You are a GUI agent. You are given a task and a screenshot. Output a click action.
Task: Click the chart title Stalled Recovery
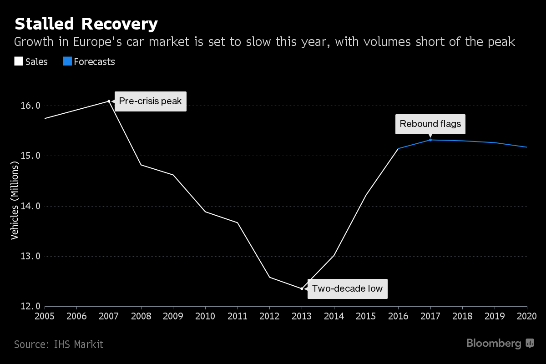86,24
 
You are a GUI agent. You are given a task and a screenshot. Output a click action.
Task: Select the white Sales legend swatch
19,61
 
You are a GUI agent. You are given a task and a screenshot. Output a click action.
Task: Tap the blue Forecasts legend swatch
67,61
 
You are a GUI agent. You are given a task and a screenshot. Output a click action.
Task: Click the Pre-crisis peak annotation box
150,101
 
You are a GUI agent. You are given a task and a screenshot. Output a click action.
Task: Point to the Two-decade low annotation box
347,288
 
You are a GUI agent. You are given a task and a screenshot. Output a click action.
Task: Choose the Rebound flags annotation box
430,124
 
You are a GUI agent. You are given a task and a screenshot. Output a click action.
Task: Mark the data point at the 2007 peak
109,101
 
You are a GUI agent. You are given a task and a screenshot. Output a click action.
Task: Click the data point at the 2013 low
302,288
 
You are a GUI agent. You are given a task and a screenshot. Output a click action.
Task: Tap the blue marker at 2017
430,140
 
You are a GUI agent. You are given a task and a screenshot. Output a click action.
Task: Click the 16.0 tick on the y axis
31,106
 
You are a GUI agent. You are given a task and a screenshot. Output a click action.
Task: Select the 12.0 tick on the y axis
31,307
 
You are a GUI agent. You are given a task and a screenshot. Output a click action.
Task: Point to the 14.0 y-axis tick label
31,206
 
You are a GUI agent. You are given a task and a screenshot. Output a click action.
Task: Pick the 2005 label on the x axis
45,316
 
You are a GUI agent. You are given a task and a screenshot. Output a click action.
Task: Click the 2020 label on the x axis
527,316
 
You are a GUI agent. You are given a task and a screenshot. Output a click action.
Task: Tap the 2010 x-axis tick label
205,316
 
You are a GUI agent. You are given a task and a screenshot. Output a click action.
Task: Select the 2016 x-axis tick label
398,316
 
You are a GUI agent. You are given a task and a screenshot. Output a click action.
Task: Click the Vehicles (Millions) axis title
15,201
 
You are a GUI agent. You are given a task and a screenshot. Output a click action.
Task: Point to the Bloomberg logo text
494,344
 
